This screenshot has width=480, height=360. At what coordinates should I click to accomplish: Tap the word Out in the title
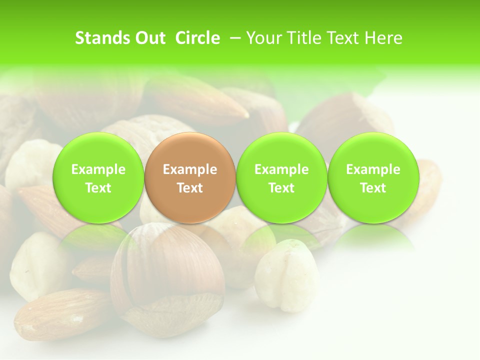[149, 38]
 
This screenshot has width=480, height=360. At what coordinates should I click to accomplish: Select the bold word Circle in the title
[197, 38]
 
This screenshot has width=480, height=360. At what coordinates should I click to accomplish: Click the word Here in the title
[383, 38]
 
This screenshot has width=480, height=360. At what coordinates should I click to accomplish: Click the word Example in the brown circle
[190, 169]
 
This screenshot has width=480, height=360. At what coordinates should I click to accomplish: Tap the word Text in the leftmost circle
[98, 188]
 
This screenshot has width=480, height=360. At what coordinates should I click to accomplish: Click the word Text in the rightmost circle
[373, 188]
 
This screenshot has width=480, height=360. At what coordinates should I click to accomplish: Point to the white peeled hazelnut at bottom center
[286, 275]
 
